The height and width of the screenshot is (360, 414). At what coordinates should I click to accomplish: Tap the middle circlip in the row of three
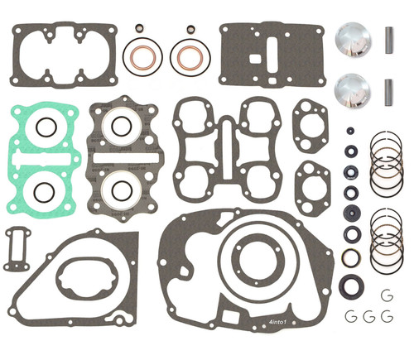coord(367,316)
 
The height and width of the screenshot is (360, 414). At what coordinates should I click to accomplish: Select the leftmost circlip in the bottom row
coord(349,316)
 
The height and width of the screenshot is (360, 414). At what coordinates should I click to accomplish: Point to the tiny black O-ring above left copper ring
coord(139,28)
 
